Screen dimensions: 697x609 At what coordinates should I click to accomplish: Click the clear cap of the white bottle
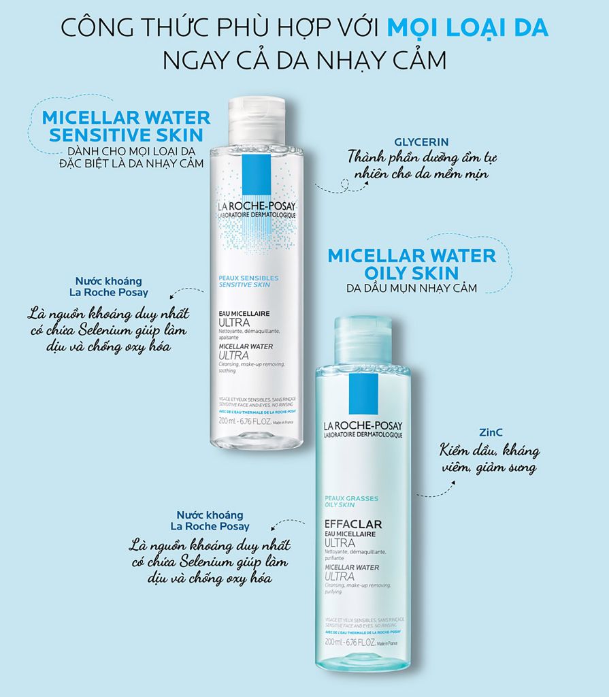(256, 120)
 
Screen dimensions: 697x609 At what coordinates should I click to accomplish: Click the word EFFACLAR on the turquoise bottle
(353, 524)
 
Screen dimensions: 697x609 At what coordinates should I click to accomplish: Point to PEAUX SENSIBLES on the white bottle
(240, 278)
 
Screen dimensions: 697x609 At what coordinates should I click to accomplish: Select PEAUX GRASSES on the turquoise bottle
(351, 498)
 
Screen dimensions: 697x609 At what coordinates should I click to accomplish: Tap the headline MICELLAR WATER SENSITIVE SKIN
(127, 125)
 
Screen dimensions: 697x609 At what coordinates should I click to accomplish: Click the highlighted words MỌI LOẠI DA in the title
(467, 29)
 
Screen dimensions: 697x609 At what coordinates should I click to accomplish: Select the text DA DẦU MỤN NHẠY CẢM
(412, 288)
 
